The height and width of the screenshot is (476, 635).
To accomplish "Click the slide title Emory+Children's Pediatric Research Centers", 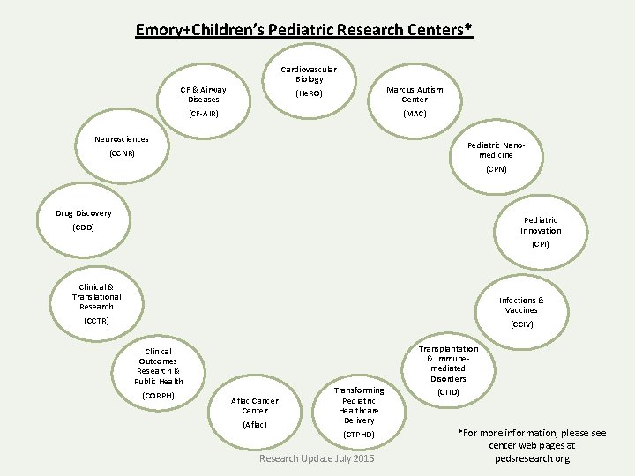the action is [x=304, y=31].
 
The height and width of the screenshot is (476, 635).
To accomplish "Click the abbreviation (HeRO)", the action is [x=309, y=93].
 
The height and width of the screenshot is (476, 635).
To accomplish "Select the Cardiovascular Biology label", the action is [x=309, y=74].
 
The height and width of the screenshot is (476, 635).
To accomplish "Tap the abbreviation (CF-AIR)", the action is [x=203, y=114].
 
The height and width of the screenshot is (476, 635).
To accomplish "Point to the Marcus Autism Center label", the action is [x=415, y=94].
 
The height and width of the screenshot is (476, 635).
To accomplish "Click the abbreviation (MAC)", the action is [x=415, y=114].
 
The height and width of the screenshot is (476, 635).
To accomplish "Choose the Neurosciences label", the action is [x=122, y=139].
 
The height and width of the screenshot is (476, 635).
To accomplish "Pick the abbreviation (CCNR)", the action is [x=122, y=154].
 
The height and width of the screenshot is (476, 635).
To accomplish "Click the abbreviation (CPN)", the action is [x=496, y=169].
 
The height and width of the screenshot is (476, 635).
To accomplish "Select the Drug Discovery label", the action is [x=84, y=213].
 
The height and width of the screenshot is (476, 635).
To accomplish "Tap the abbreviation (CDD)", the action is [x=84, y=228].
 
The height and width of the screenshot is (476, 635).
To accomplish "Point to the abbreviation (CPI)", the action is [x=540, y=244].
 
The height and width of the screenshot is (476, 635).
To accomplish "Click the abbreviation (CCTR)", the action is [x=96, y=321].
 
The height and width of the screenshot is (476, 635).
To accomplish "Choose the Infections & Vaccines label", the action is [x=521, y=305].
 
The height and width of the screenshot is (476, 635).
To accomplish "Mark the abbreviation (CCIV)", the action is [x=521, y=324].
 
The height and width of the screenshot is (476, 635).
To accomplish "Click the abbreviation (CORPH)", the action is [x=159, y=396].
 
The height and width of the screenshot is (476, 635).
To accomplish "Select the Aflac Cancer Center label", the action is [x=254, y=405].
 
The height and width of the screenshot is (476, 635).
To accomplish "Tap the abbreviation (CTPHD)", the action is [x=359, y=435].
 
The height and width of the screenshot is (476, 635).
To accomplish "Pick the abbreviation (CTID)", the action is [x=448, y=392].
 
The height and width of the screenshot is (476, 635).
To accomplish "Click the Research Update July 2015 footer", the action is [x=316, y=459].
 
